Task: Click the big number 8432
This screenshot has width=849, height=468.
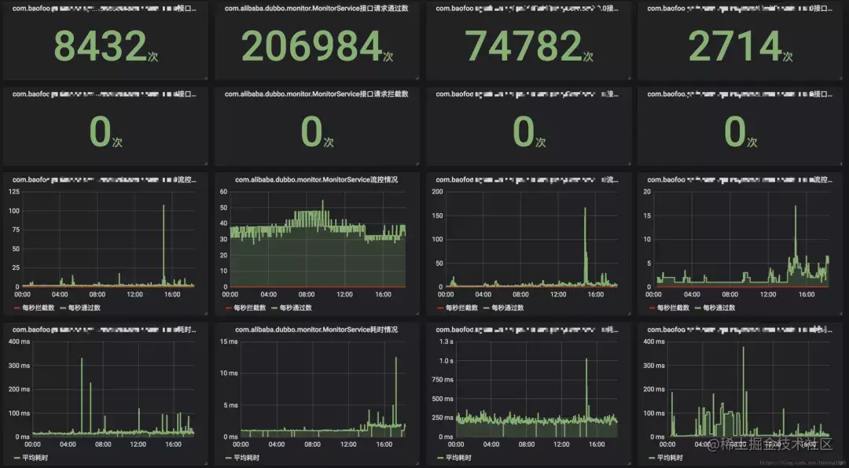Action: point(100,46)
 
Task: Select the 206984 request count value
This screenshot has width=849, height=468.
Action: point(311,46)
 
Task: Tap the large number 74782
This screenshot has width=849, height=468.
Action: point(523,46)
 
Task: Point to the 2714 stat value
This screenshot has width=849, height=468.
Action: point(735,46)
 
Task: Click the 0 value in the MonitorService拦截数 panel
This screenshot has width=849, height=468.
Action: point(311,132)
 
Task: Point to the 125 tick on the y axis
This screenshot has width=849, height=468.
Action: point(14,192)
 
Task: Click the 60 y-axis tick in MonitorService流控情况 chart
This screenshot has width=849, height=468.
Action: point(222,192)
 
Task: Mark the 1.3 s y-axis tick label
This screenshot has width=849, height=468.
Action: point(446,341)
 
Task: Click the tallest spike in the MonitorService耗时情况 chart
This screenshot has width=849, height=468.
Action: point(395,358)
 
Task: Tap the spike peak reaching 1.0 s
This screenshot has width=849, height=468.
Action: point(586,360)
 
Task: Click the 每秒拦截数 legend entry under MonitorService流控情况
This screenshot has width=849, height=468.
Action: point(245,308)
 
